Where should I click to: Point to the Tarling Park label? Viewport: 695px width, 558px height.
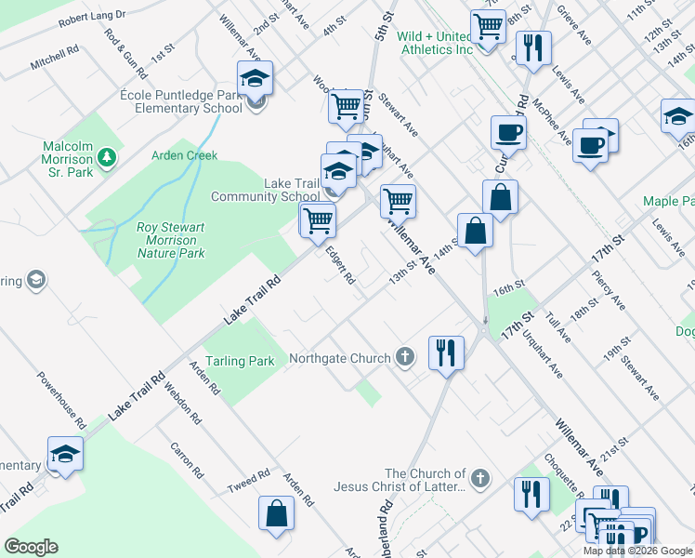241,361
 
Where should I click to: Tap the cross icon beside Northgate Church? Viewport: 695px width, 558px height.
404,356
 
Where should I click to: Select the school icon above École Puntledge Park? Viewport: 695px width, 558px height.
255,79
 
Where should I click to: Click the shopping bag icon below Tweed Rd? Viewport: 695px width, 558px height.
276,513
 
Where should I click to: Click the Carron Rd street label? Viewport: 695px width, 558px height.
186,458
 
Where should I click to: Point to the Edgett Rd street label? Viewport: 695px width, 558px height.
339,265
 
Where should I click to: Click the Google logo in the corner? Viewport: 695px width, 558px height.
31,547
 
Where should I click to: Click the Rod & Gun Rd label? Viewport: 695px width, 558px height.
126,53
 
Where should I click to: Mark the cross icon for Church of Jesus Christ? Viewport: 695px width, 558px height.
479,479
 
